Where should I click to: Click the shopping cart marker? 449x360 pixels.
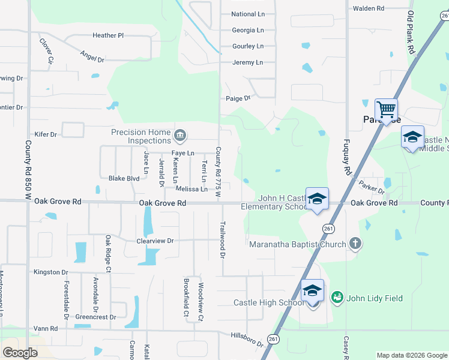coord(386,110)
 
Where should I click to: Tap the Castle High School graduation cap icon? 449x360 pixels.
coord(312,291)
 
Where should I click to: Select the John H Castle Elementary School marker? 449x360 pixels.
coord(317,199)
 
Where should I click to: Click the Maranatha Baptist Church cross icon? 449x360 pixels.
coord(355,244)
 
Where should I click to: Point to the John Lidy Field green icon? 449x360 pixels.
coord(337,297)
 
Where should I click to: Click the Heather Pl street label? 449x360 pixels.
coord(108,35)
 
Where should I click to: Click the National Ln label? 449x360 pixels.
coord(247,14)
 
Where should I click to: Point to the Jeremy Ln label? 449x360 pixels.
coord(247,62)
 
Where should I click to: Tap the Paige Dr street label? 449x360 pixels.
coord(238,98)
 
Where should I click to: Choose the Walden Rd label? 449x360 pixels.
coord(368,8)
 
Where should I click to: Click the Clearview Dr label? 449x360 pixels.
coord(155,241)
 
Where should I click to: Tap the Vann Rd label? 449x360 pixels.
coord(46,329)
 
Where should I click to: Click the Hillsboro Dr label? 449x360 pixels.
coord(247,340)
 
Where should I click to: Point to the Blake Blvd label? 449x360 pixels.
coord(124,178)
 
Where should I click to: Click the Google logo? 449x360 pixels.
coord(20,353)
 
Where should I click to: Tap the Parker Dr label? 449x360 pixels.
coord(372,187)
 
